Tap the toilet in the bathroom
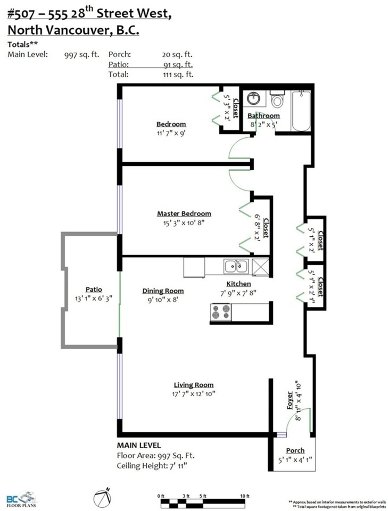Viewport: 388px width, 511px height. tap(277, 99)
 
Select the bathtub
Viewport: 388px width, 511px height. tap(301, 111)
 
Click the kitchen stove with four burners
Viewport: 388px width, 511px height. tap(220, 312)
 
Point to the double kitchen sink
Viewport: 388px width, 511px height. tap(236, 266)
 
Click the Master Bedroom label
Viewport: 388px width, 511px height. tap(184, 214)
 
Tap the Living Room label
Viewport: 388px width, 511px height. tap(194, 385)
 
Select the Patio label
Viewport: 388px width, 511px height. tap(94, 290)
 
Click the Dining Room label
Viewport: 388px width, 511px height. tap(163, 291)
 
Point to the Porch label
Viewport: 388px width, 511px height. tap(295, 451)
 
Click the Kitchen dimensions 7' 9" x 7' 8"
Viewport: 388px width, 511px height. tap(238, 293)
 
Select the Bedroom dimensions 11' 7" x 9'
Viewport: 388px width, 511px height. tap(171, 133)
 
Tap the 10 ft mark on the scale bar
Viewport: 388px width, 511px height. tap(245, 496)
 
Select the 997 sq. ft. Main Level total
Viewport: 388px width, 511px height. tap(81, 55)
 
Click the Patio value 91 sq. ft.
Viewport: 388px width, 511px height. tap(178, 64)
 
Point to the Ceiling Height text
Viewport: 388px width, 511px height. tap(152, 466)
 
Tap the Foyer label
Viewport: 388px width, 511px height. tap(290, 400)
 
